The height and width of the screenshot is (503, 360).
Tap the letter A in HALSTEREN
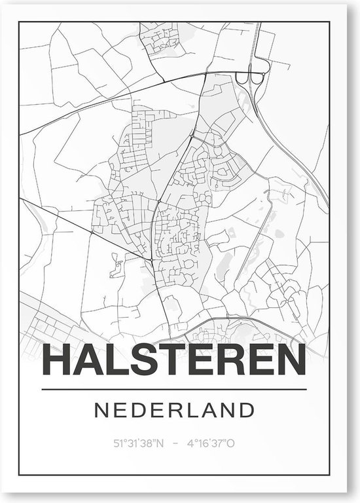tap(89, 360)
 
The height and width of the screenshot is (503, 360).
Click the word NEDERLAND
tap(174, 411)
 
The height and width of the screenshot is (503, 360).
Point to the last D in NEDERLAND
tap(246, 411)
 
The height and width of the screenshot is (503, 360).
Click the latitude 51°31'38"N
tap(139, 443)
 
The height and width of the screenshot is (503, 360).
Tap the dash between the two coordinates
tap(174, 443)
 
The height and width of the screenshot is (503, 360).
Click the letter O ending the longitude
tap(231, 443)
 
